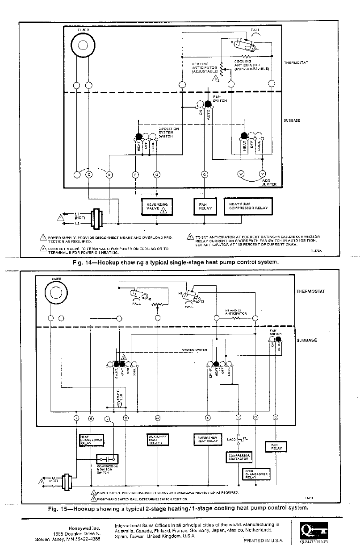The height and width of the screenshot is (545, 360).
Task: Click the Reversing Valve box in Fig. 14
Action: point(157,207)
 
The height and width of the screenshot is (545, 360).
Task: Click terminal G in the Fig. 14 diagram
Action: point(204,174)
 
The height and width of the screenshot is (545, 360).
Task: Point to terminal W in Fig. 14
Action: point(241,174)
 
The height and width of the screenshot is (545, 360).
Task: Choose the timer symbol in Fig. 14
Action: point(83,46)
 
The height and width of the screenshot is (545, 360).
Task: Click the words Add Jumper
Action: point(269,182)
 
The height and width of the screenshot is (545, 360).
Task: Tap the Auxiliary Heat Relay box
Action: point(157,440)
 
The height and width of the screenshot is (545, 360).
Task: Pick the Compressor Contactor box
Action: point(240,457)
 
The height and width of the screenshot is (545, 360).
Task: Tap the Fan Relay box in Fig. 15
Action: point(276,446)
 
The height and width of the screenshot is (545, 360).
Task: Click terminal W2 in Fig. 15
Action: point(157,418)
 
